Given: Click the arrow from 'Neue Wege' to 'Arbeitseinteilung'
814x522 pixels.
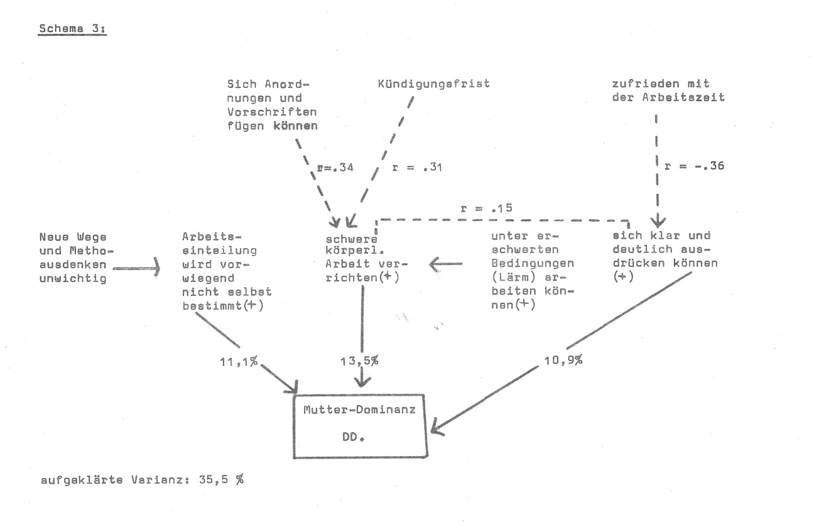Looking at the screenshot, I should (136, 268).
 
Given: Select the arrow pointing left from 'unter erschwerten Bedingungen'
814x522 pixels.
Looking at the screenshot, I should (446, 264).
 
